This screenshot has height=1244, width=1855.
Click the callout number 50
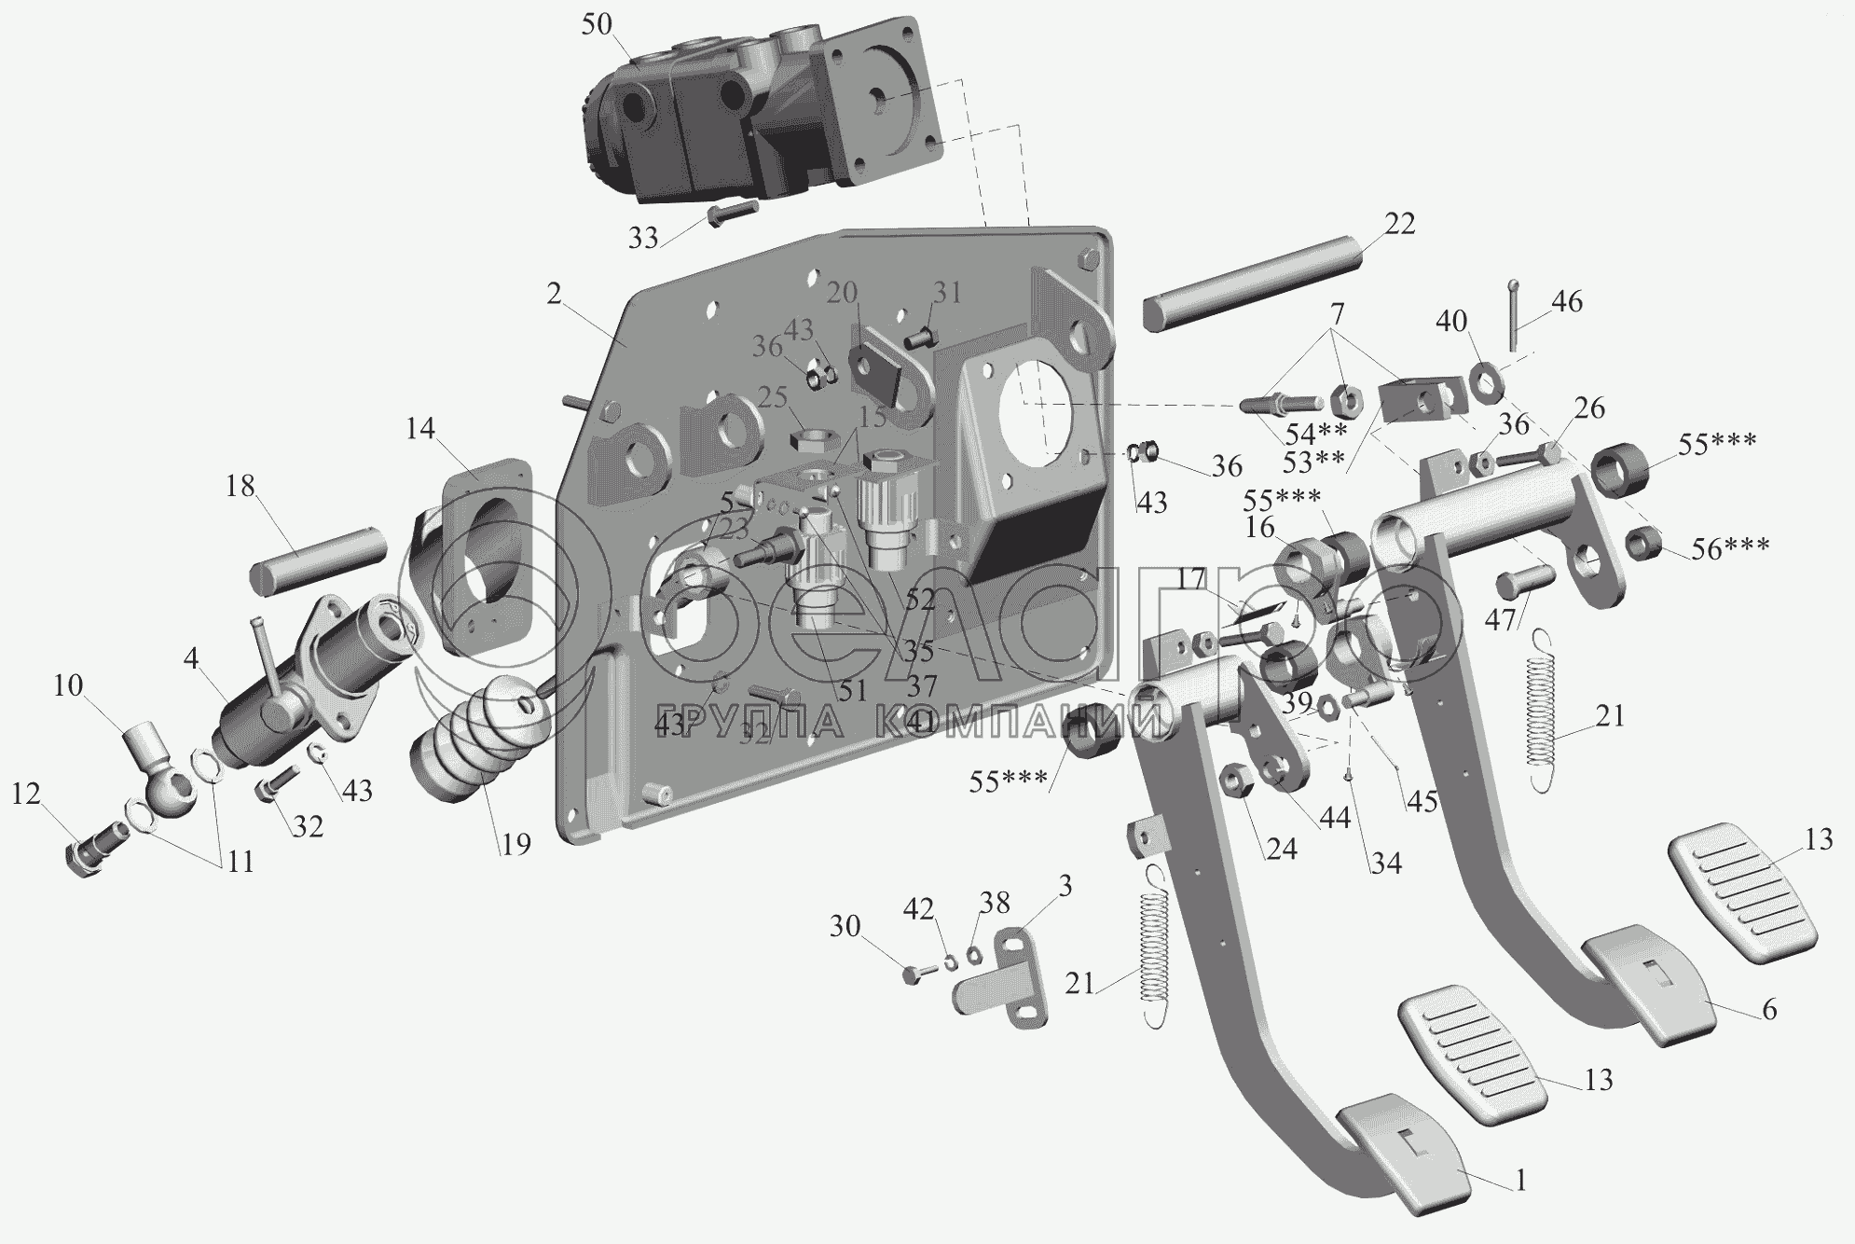tap(597, 25)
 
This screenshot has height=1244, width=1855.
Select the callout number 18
tap(240, 486)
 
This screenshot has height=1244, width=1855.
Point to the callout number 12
tap(26, 795)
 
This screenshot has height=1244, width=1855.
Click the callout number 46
tap(1567, 302)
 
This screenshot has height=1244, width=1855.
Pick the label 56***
tap(1731, 547)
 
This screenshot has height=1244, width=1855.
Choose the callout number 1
tap(1520, 1182)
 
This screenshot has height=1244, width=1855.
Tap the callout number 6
tap(1768, 1009)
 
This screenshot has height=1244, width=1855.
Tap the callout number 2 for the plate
tap(555, 295)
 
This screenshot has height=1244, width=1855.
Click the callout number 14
tap(420, 429)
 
